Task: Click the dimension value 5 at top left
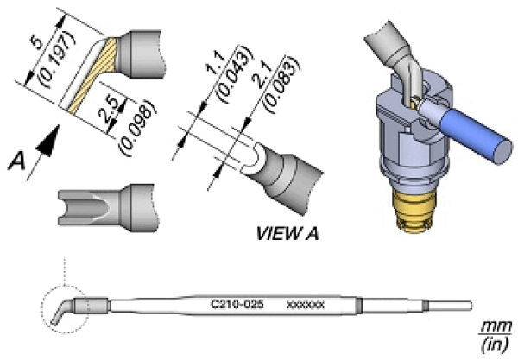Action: (37, 42)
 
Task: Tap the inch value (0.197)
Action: (57, 60)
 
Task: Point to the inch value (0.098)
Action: (136, 128)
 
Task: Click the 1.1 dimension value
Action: (215, 63)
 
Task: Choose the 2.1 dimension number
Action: (263, 76)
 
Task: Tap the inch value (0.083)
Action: (281, 85)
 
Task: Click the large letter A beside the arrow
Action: (16, 162)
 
